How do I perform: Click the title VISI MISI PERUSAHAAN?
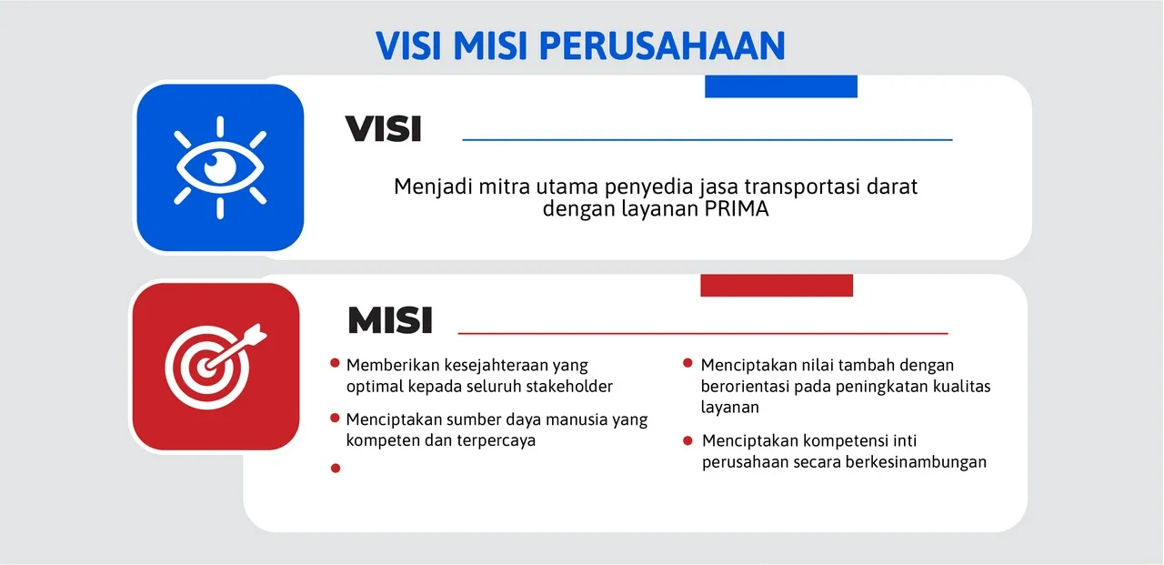point(580,45)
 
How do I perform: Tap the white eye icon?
point(220,167)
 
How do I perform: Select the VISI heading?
point(383,130)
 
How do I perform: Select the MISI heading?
point(389,320)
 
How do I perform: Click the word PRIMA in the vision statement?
point(737,209)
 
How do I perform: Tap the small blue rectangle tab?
point(781,86)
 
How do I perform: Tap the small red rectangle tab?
point(777,285)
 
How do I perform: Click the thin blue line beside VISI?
point(707,140)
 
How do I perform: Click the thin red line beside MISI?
point(702,334)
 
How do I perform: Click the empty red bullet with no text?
point(335,468)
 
